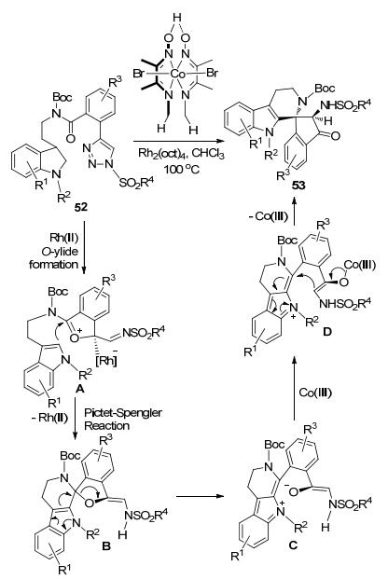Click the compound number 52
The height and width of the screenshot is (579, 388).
[x=81, y=207]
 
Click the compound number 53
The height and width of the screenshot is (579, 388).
[x=298, y=185]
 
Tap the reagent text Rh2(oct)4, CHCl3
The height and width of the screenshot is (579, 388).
[x=182, y=153]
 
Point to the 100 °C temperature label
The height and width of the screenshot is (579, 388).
[x=182, y=169]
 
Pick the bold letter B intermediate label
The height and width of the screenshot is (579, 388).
[x=106, y=545]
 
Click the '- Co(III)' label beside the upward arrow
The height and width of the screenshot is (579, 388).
[x=268, y=216]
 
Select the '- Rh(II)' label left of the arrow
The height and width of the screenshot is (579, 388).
[x=48, y=419]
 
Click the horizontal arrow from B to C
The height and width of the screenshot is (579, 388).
[x=200, y=495]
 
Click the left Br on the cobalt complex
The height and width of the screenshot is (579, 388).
[x=139, y=73]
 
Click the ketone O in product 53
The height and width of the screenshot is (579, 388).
[x=335, y=136]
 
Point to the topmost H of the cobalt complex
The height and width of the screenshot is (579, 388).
[x=178, y=18]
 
